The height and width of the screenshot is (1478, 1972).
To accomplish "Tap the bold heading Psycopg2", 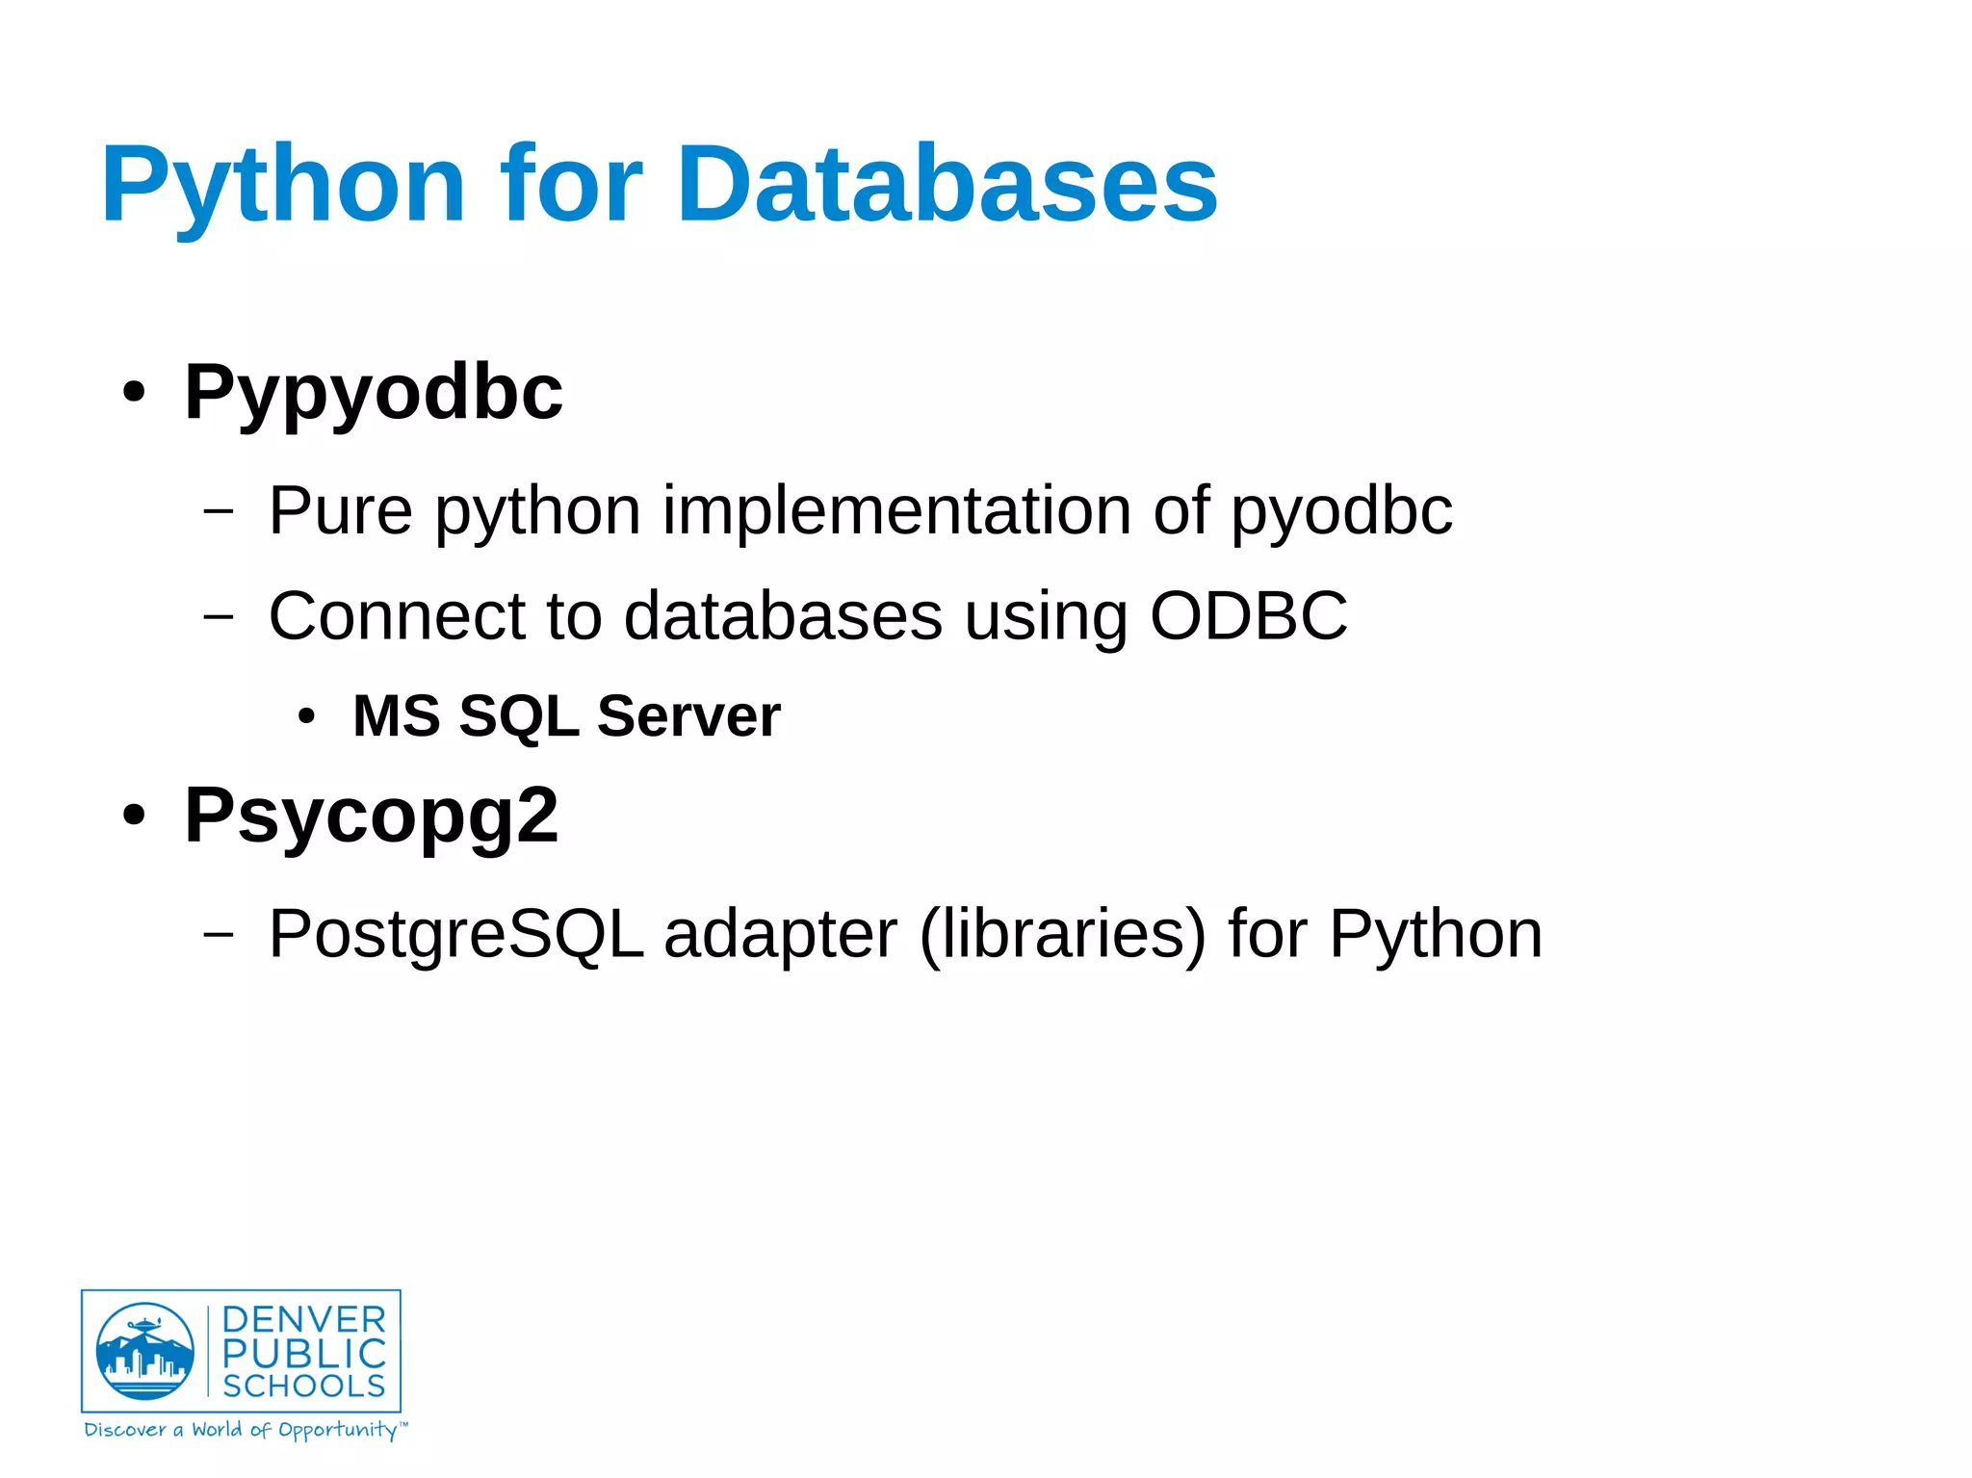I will point(371,817).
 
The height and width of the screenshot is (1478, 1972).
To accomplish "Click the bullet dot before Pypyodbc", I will point(134,393).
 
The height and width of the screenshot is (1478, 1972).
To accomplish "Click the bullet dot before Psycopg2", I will point(134,817).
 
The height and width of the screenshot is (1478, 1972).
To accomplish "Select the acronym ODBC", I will point(1249,615).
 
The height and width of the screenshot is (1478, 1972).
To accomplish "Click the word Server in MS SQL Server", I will point(688,716).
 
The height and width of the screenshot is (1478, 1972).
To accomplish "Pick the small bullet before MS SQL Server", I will point(306,716).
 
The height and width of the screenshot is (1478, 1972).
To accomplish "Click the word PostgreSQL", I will point(455,934).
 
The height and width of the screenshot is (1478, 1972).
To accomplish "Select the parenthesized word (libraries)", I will point(1062,934).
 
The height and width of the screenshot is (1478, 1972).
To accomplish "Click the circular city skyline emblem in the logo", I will point(145,1351).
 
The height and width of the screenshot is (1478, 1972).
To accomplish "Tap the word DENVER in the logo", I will point(303,1319).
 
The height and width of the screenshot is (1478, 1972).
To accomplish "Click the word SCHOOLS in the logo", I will point(303,1386).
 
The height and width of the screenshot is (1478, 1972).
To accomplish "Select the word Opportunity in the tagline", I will point(337,1430).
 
